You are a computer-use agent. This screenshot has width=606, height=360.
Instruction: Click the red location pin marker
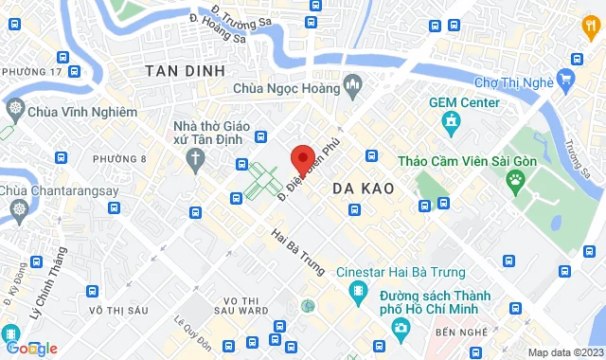tap(302, 158)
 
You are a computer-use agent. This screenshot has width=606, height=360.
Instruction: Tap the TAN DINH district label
tap(186, 71)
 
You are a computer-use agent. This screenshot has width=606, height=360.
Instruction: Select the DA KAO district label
tap(357, 189)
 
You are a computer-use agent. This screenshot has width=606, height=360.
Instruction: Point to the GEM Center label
tap(464, 101)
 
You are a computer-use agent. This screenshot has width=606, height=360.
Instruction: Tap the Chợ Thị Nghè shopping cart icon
tap(566, 78)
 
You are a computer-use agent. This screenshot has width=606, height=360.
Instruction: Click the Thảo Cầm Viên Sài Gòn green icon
tap(515, 179)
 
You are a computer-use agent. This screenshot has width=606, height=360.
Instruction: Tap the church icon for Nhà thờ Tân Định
tap(194, 157)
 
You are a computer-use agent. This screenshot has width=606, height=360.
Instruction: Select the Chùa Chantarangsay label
tap(52, 192)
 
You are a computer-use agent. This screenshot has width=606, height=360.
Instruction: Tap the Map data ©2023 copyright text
tap(564, 352)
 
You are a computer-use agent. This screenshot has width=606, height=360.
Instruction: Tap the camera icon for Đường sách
tap(401, 327)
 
